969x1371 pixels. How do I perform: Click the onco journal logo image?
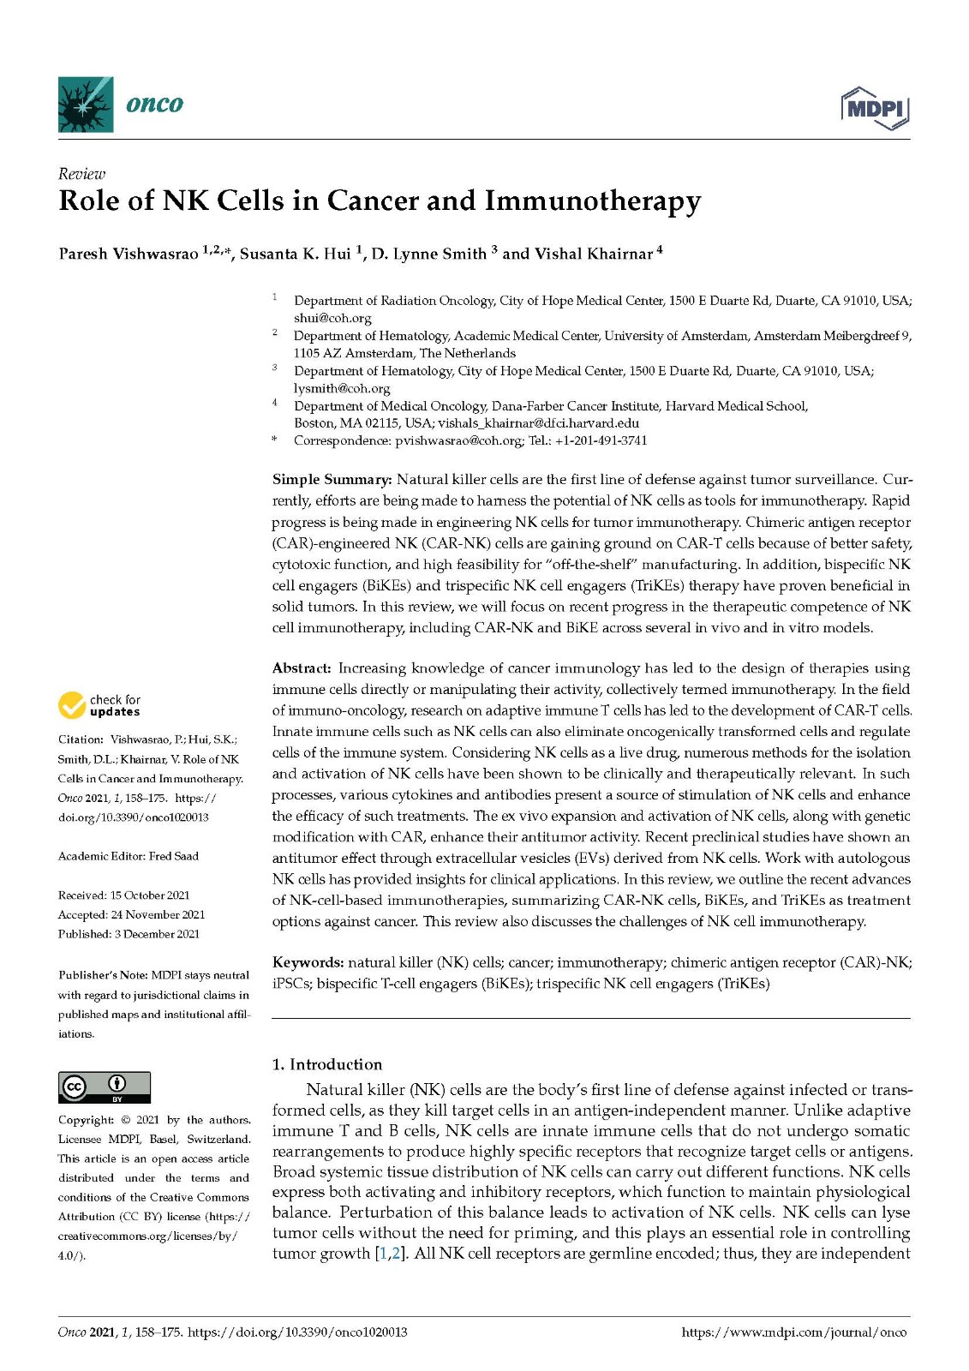coord(86,105)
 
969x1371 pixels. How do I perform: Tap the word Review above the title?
coord(81,174)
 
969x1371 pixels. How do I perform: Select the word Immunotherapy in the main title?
coord(593,201)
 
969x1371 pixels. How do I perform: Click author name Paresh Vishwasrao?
coord(129,254)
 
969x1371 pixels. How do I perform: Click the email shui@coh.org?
coord(332,318)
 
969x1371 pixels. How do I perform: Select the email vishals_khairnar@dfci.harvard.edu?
coord(538,423)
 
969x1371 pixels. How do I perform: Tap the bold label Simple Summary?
coord(332,480)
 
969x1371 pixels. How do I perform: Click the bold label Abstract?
coord(301,668)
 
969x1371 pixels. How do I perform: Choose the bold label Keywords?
coord(308,963)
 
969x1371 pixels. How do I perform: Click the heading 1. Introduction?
coord(327,1064)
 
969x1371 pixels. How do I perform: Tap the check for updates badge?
coord(99,706)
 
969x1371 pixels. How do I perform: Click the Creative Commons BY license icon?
coord(104,1087)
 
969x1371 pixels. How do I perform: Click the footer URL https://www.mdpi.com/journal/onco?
coord(793,1332)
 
